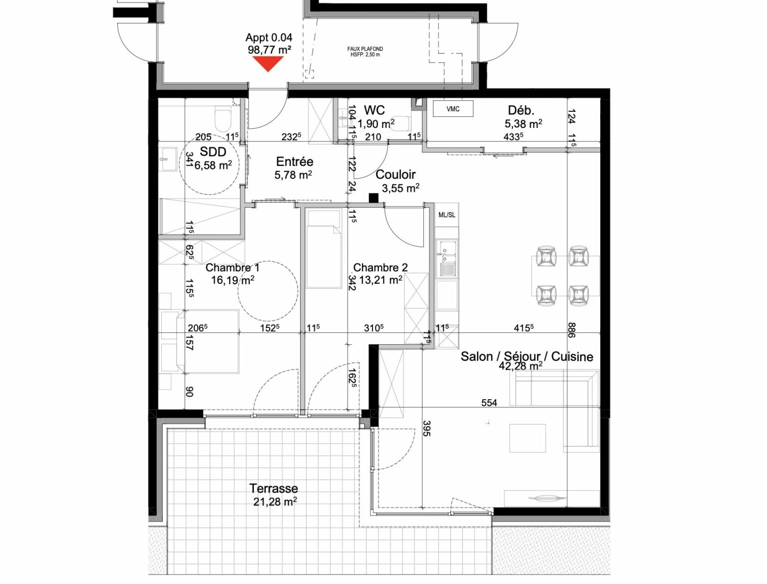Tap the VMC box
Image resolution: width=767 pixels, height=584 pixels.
point(453,109)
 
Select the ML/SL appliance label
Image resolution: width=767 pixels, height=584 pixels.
point(447,215)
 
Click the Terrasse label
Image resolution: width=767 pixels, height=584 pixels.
point(274,488)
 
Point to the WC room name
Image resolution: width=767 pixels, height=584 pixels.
point(374,110)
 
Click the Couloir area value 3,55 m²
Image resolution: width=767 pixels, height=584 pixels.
point(400,188)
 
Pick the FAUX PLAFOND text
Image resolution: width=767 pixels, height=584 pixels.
point(365,49)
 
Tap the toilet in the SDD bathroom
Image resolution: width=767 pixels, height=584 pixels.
point(223,119)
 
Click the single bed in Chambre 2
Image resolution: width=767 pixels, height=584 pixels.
point(324,249)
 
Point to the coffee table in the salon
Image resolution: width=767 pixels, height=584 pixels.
point(527,438)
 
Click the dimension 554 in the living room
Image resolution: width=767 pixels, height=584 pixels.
point(489,403)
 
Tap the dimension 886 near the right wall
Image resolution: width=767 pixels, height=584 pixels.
point(572,330)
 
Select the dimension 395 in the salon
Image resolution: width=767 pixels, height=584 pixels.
point(426,428)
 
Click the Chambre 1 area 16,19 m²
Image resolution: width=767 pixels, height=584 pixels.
point(233,280)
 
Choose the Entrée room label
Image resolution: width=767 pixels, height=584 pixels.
point(295,161)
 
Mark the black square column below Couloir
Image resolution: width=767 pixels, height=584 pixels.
point(374,198)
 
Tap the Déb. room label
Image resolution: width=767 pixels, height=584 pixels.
point(521,110)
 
